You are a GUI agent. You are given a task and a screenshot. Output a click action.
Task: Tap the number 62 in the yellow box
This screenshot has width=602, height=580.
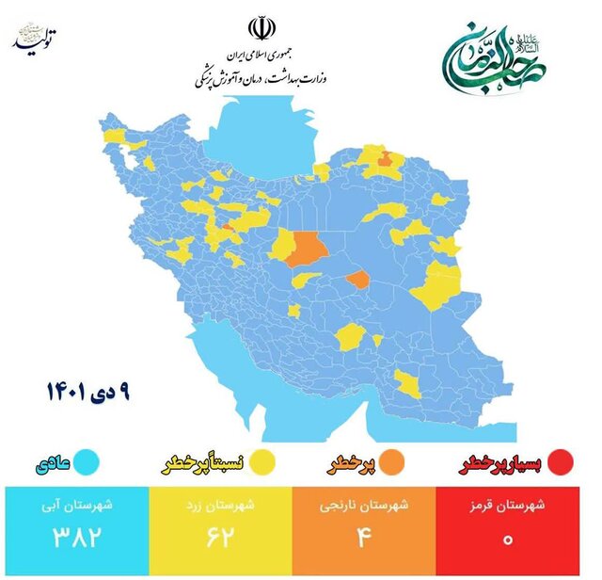[222, 541]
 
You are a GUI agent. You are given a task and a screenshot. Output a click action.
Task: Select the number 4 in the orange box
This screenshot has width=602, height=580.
[370, 541]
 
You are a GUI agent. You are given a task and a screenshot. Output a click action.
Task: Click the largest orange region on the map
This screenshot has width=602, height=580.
[306, 249]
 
